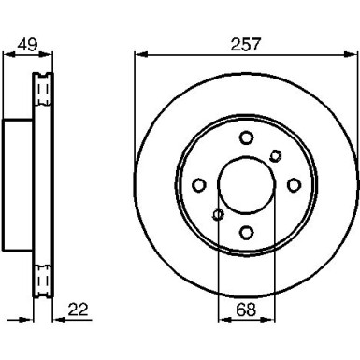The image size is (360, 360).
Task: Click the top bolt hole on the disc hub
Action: (x=246, y=137)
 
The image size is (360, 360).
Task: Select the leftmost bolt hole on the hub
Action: (x=199, y=184)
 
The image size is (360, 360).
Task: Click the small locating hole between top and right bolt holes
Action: (x=275, y=155)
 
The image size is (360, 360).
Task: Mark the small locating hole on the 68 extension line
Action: (x=217, y=214)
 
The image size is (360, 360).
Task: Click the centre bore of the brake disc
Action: (x=245, y=184)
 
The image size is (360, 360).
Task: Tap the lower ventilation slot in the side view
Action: (x=40, y=279)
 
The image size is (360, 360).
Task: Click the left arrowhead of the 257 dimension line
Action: (x=137, y=53)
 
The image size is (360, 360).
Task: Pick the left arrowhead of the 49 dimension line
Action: (x=6, y=54)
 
